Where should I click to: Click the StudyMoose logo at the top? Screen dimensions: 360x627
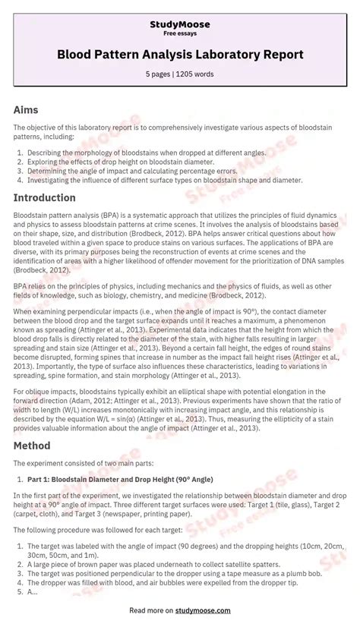point(179,25)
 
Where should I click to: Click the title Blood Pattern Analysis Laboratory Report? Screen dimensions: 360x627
point(180,55)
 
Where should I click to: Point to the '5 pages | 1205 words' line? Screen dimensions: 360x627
point(180,74)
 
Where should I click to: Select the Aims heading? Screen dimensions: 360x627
point(27,110)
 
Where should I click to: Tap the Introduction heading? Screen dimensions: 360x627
point(44,198)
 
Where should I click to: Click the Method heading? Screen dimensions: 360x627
point(32,446)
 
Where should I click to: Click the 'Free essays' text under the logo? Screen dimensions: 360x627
point(180,35)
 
